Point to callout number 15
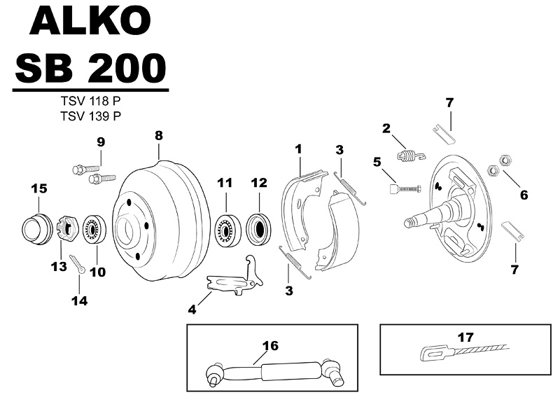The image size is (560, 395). point(38,188)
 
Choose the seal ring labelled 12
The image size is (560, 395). point(259,228)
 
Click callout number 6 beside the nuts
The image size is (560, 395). point(524,195)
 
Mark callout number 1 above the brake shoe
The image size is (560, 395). point(298,149)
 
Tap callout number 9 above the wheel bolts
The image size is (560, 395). point(101,142)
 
